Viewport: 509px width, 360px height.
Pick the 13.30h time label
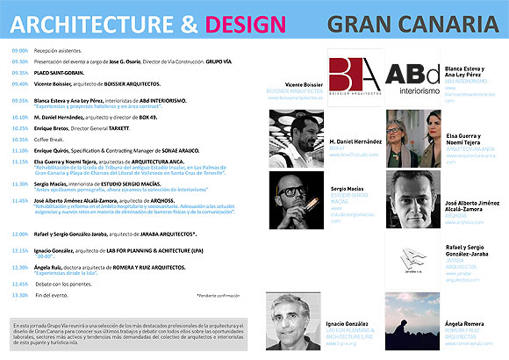point(21,295)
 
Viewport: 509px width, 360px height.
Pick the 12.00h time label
point(21,234)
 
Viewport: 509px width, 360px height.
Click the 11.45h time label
point(21,200)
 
